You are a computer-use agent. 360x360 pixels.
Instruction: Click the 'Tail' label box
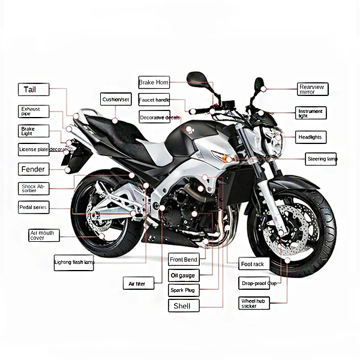pyautogui.click(x=33, y=90)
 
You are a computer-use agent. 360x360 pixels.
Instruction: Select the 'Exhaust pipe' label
pyautogui.click(x=33, y=111)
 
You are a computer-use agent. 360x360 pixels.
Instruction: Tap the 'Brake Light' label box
pyautogui.click(x=33, y=131)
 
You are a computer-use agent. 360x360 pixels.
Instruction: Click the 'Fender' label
pyautogui.click(x=34, y=169)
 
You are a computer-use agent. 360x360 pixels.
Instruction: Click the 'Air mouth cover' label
pyautogui.click(x=44, y=235)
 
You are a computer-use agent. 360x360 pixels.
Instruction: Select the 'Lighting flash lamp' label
pyautogui.click(x=74, y=262)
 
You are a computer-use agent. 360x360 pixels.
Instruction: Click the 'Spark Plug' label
pyautogui.click(x=183, y=290)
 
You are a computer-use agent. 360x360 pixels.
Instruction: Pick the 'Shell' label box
pyautogui.click(x=183, y=306)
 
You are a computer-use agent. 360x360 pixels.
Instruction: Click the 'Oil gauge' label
pyautogui.click(x=183, y=275)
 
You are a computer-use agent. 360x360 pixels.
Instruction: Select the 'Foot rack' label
pyautogui.click(x=253, y=264)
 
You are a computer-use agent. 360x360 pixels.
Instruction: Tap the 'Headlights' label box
pyautogui.click(x=311, y=137)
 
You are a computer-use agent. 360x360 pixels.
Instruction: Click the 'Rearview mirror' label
pyautogui.click(x=313, y=89)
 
